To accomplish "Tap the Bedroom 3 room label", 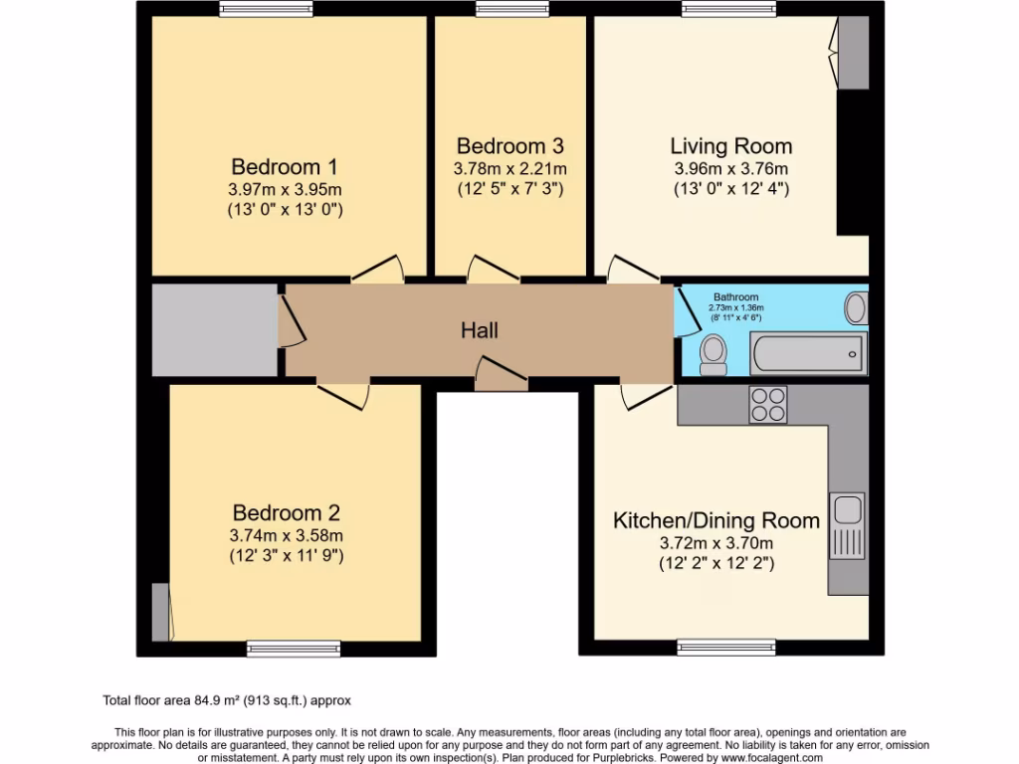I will [x=510, y=146].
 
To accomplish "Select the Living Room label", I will [x=731, y=146].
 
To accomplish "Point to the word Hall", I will [x=480, y=330].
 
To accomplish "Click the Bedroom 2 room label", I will [x=287, y=513].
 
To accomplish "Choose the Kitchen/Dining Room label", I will [x=716, y=520].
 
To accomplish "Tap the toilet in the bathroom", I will [x=713, y=354].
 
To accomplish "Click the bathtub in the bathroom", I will [x=808, y=353].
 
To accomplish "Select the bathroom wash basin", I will [x=855, y=307].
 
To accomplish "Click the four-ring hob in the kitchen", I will [x=767, y=405].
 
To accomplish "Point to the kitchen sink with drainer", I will [x=847, y=526].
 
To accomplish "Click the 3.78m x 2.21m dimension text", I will [x=510, y=168].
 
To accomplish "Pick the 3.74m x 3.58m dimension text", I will [x=287, y=536].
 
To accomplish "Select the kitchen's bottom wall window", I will [x=719, y=648].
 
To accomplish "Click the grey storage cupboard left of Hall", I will [x=214, y=330].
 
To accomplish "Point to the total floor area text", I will [x=227, y=700].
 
